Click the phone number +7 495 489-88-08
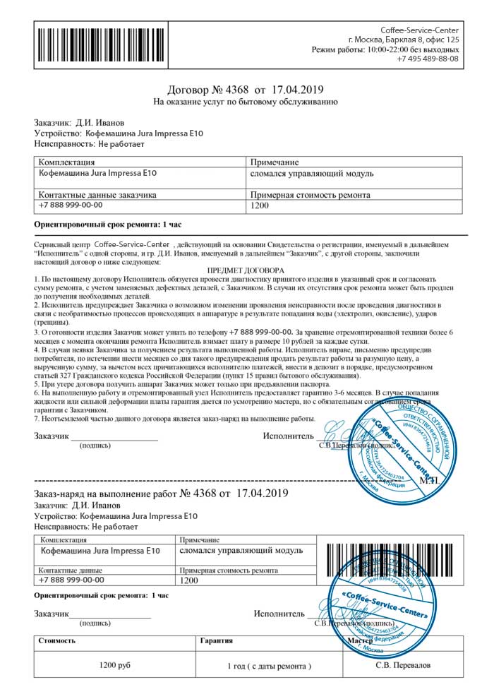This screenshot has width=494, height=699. [428, 59]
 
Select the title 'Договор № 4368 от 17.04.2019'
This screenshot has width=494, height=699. [245, 90]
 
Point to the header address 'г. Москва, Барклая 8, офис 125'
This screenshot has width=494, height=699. [404, 40]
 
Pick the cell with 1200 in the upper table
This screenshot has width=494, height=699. [260, 207]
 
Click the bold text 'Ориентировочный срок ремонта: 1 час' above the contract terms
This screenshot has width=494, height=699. [108, 225]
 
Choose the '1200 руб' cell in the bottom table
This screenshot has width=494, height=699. [115, 666]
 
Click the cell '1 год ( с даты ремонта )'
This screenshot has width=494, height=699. [269, 666]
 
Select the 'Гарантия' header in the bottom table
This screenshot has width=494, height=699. [212, 641]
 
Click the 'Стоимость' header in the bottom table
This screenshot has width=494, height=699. [58, 641]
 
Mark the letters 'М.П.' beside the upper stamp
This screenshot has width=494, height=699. [449, 480]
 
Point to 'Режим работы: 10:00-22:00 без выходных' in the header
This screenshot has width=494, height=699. [385, 49]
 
